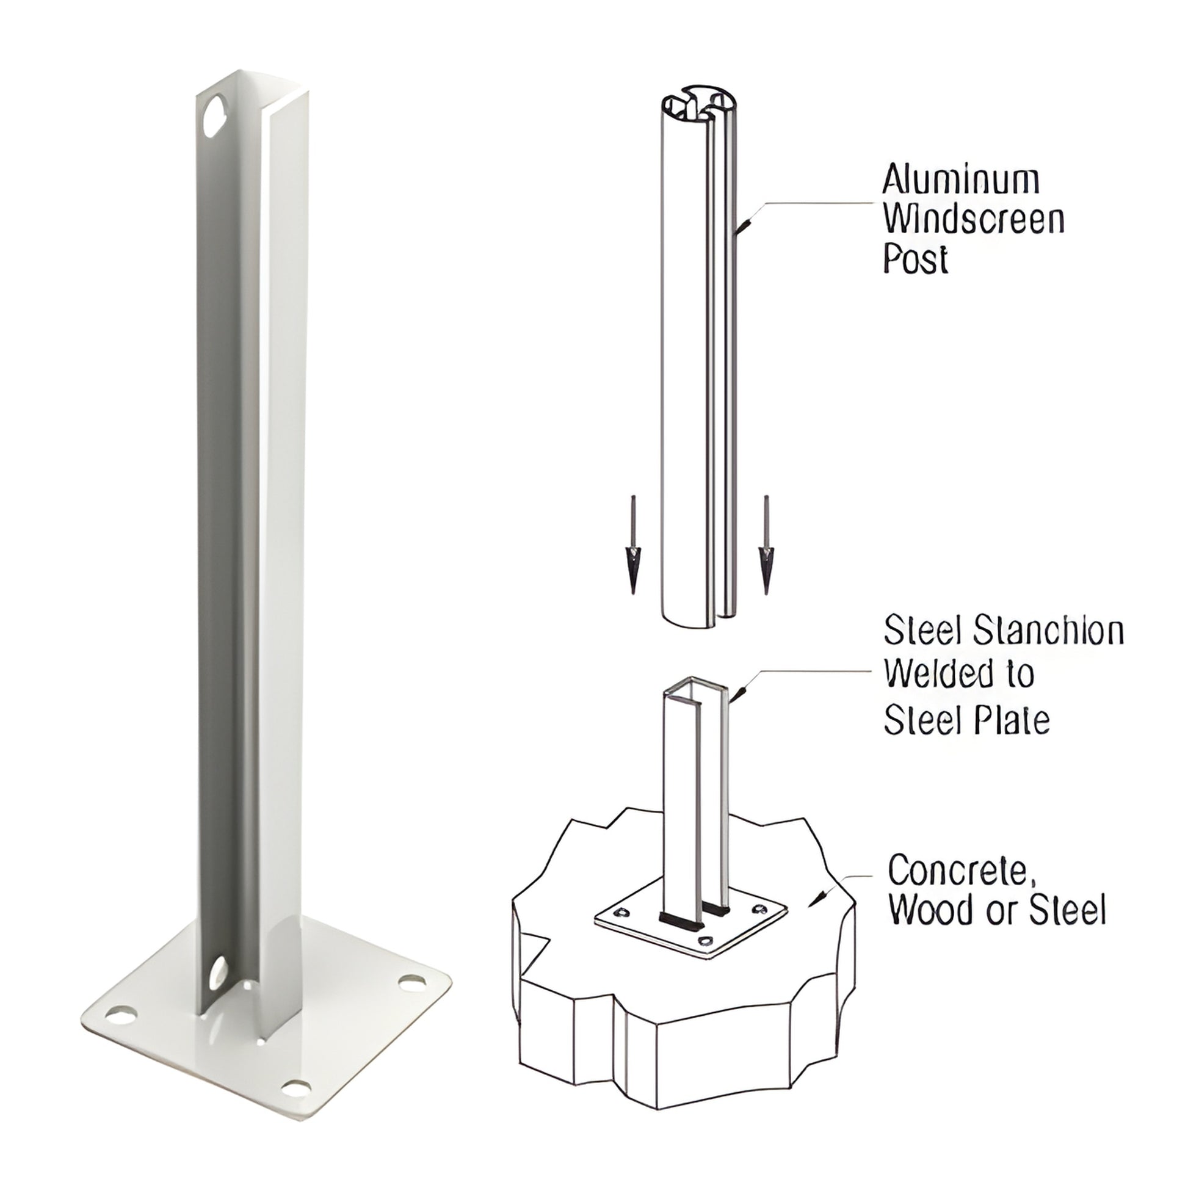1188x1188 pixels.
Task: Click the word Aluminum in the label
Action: click(961, 181)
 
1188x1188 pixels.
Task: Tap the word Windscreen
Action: click(974, 220)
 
